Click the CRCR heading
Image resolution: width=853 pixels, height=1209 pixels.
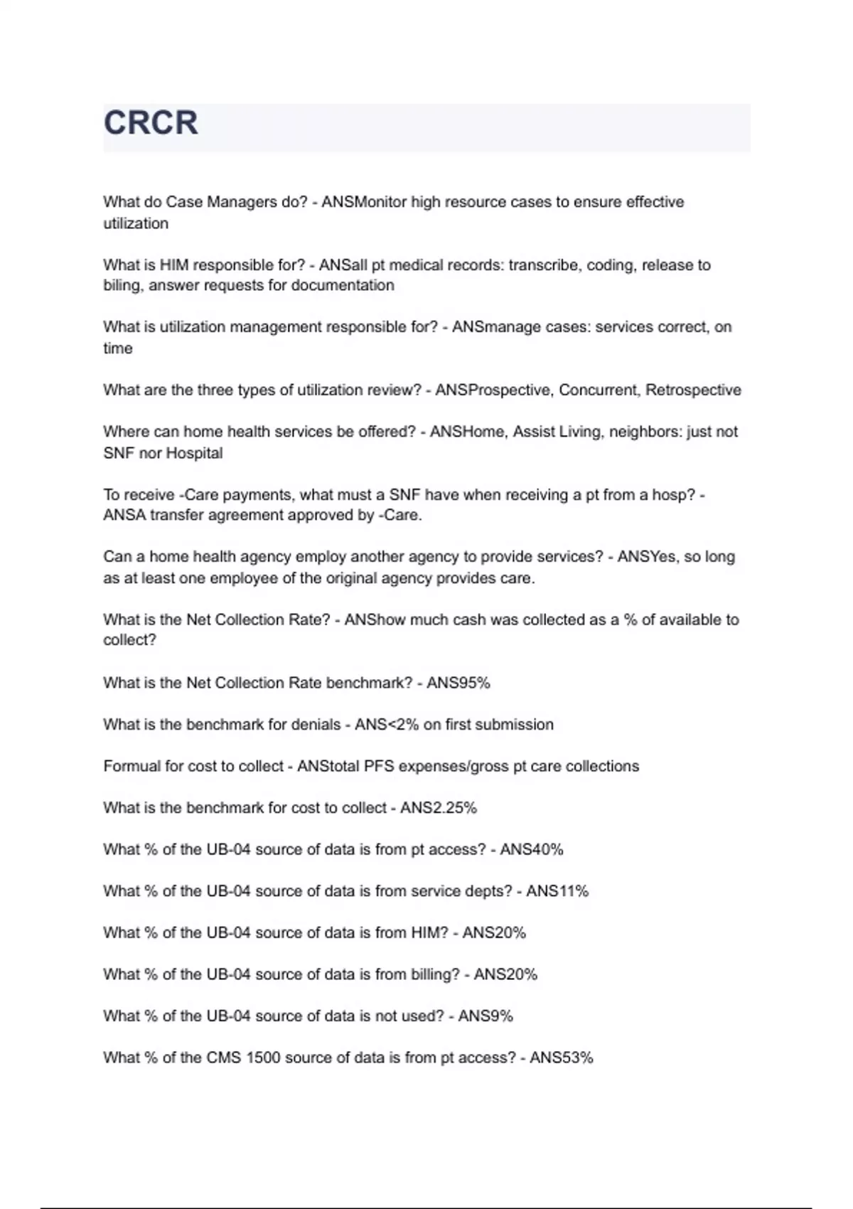tap(151, 122)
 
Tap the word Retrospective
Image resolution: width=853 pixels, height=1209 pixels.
tap(693, 390)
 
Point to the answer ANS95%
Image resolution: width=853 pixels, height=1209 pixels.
tap(458, 683)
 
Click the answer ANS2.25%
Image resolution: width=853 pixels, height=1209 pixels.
tap(438, 808)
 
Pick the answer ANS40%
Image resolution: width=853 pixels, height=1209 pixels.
tap(531, 849)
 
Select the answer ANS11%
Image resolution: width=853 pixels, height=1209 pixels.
tap(557, 891)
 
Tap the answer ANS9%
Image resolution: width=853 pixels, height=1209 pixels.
tap(485, 1016)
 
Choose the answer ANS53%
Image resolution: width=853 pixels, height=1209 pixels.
tap(561, 1058)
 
